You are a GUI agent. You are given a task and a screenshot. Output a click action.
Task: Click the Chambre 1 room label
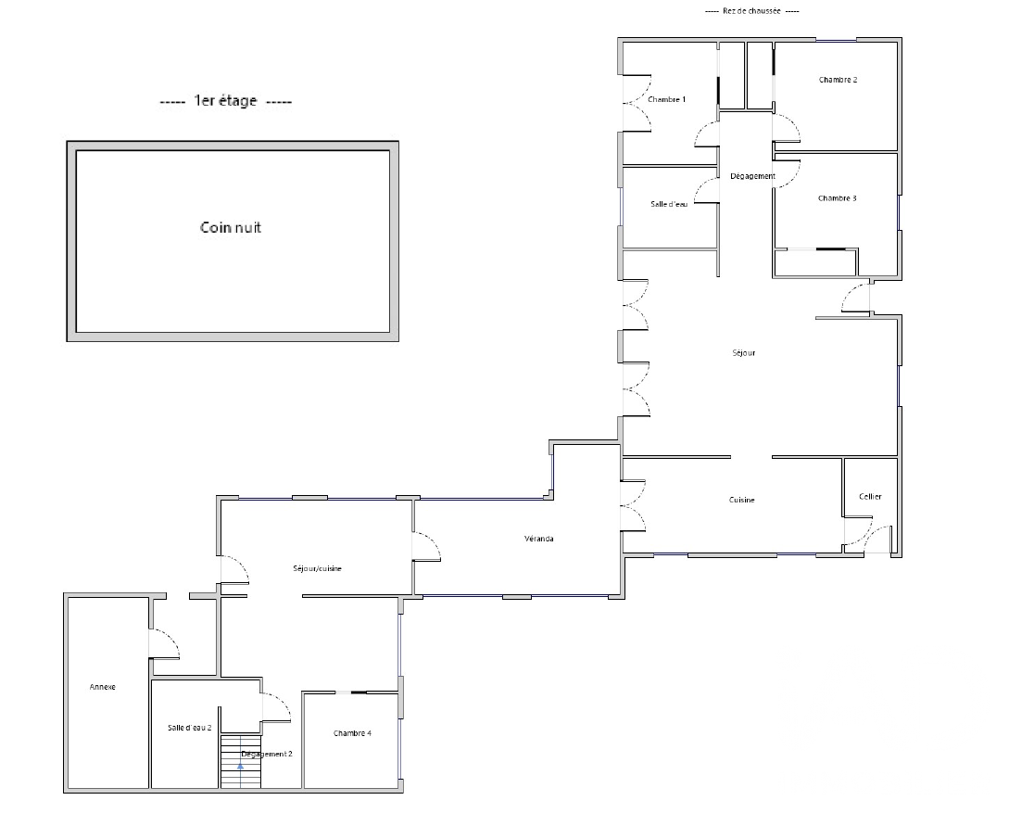point(666,99)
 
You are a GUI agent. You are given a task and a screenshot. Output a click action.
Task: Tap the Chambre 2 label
point(838,80)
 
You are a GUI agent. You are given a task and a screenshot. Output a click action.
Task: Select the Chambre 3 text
point(837,198)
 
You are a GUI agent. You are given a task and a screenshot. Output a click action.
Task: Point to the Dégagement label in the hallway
point(752,176)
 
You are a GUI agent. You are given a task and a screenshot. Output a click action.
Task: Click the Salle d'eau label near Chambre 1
point(669,204)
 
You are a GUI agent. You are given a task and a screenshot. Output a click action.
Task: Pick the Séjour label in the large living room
point(744,353)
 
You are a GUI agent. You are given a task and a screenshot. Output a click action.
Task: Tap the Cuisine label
point(742,501)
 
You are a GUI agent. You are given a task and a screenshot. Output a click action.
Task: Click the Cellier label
point(870,497)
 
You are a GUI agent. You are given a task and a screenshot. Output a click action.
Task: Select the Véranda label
point(538,539)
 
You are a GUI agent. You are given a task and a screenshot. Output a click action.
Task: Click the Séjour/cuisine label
point(317,569)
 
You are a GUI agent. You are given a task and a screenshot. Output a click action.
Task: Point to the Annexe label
point(102,688)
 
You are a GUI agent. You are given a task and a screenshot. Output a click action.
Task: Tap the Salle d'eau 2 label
point(189,728)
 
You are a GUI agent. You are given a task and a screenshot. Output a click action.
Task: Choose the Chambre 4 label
point(352,734)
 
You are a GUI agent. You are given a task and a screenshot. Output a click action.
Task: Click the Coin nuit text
point(231,228)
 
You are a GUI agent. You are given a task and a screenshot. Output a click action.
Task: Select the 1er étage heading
point(225,101)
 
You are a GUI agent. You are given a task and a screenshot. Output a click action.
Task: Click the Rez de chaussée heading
point(751,11)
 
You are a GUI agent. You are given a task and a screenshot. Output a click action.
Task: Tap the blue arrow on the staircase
point(241,766)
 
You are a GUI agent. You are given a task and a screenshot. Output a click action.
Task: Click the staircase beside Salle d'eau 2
point(241,761)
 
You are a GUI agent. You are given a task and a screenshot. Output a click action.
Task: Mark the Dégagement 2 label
point(267,755)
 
